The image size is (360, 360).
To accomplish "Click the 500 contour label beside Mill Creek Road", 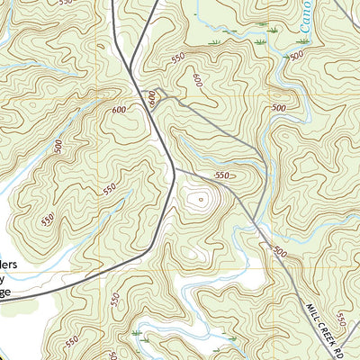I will tap(280, 252).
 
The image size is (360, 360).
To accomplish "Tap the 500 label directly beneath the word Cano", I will tap(296, 56).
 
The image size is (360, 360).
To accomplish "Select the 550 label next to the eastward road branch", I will tap(223, 175).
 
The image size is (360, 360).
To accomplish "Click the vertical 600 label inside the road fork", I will tap(152, 98).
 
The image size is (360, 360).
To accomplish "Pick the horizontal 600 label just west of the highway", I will tap(120, 109).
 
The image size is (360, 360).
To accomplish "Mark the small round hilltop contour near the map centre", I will tap(199, 196).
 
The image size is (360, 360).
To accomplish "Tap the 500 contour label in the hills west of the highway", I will tap(58, 147).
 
